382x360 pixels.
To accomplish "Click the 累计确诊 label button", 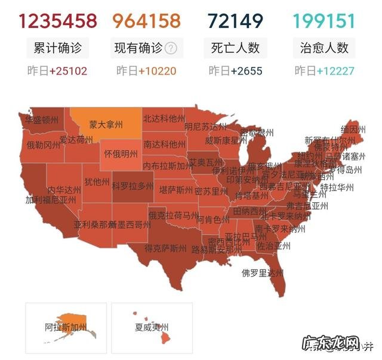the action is pyautogui.click(x=57, y=48).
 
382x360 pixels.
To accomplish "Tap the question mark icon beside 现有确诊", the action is pyautogui.click(x=171, y=48).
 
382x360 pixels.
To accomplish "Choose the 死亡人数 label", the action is pyautogui.click(x=235, y=48).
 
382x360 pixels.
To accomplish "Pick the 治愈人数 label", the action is pyautogui.click(x=324, y=48).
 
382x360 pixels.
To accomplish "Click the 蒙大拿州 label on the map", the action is pyautogui.click(x=106, y=125).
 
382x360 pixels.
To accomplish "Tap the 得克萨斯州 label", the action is pyautogui.click(x=165, y=248).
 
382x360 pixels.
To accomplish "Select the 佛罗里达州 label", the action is pyautogui.click(x=262, y=273).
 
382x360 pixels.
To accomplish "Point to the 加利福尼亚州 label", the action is pyautogui.click(x=51, y=199).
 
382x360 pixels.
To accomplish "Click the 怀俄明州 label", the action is pyautogui.click(x=124, y=153).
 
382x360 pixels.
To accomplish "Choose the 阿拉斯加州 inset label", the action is pyautogui.click(x=66, y=327).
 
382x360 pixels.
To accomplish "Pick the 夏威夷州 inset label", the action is pyautogui.click(x=152, y=327).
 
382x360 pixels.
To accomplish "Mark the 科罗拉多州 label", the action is pyautogui.click(x=133, y=186).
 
